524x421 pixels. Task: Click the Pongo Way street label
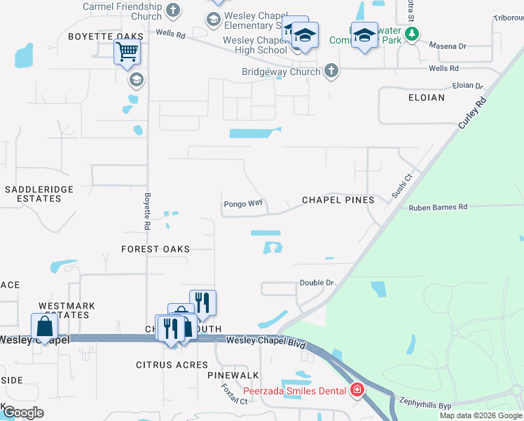click(x=243, y=204)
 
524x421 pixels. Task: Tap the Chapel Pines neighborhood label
click(x=338, y=200)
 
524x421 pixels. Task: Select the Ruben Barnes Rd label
click(x=438, y=207)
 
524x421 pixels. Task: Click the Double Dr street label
click(x=317, y=283)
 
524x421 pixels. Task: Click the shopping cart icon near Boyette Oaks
click(x=127, y=51)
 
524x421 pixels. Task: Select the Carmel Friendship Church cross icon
click(x=173, y=11)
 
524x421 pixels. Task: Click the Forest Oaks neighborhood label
click(x=156, y=249)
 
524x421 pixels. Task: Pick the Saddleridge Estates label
click(x=33, y=194)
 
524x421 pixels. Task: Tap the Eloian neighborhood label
click(x=427, y=98)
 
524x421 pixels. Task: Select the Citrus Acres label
click(x=172, y=365)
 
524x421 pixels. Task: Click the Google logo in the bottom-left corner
click(x=24, y=412)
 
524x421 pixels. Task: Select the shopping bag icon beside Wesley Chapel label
click(x=45, y=327)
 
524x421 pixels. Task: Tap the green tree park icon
click(x=413, y=33)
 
